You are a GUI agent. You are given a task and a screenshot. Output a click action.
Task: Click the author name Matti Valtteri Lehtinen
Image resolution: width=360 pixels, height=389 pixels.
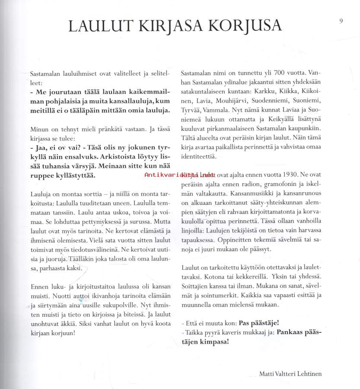(x=290, y=373)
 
